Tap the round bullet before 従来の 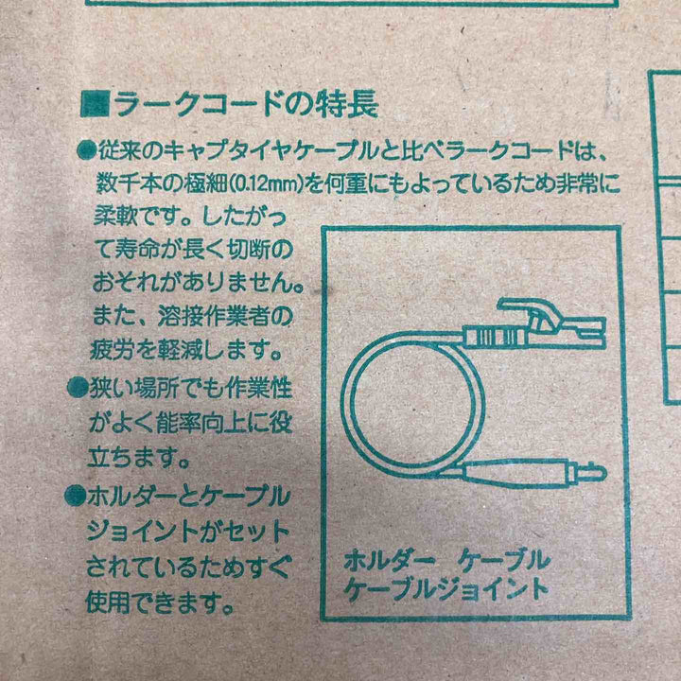85,149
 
